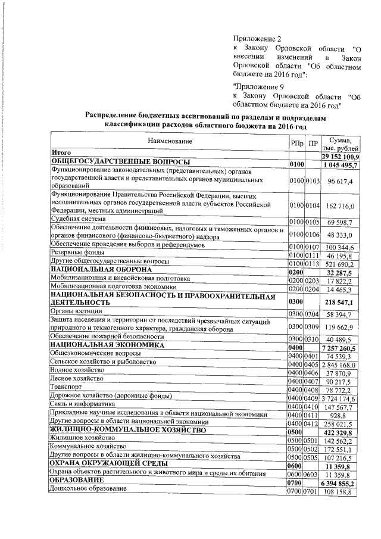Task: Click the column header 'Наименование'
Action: click(x=168, y=141)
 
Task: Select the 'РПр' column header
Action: click(x=296, y=144)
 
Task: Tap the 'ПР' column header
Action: click(x=313, y=144)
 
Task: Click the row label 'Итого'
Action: click(x=61, y=153)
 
